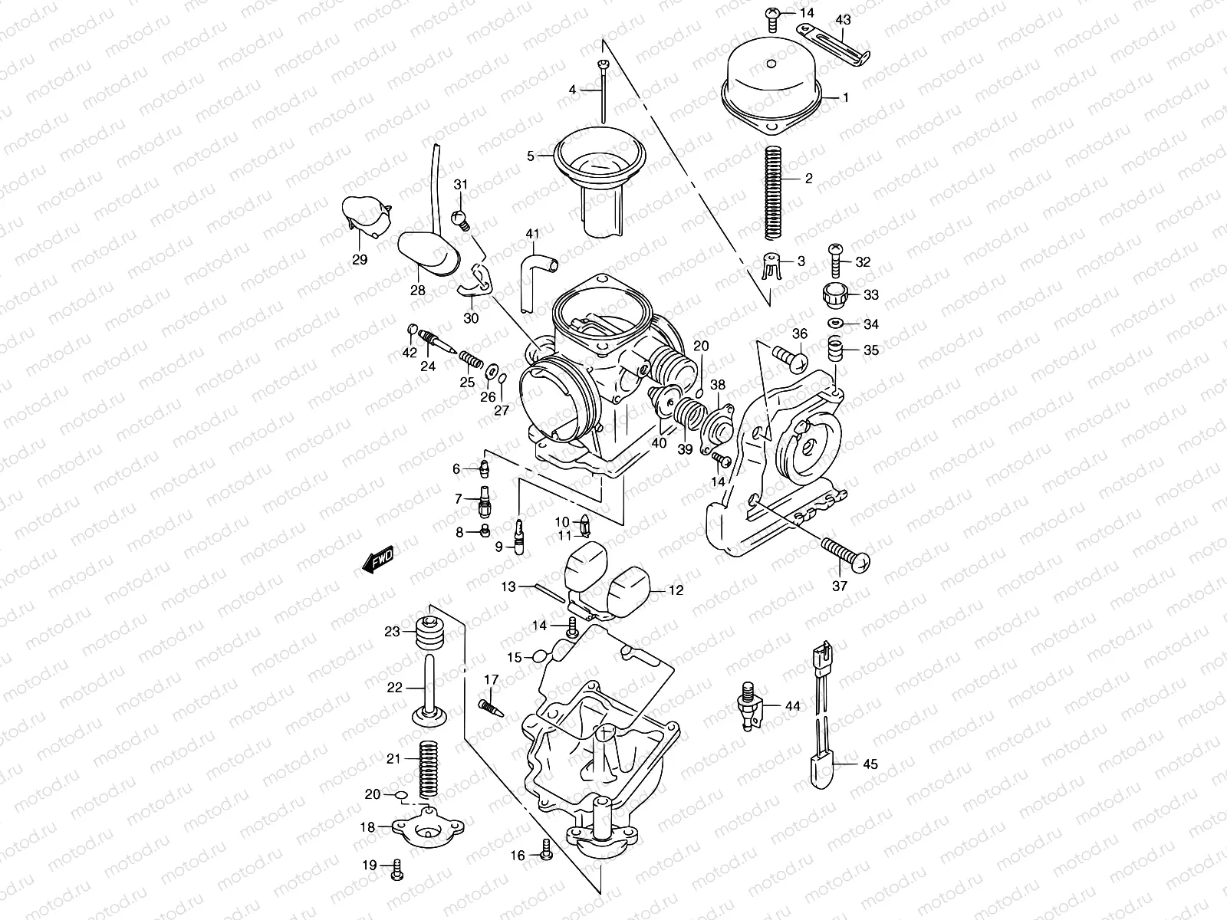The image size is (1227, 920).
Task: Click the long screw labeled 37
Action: click(846, 554)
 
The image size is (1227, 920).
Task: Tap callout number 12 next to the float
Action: click(675, 590)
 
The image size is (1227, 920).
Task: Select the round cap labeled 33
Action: click(834, 293)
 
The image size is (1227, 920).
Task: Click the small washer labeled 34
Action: click(836, 324)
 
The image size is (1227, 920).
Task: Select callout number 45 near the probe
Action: click(870, 764)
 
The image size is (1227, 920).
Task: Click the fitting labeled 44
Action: click(748, 704)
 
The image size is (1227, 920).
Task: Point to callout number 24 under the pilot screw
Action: click(428, 366)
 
